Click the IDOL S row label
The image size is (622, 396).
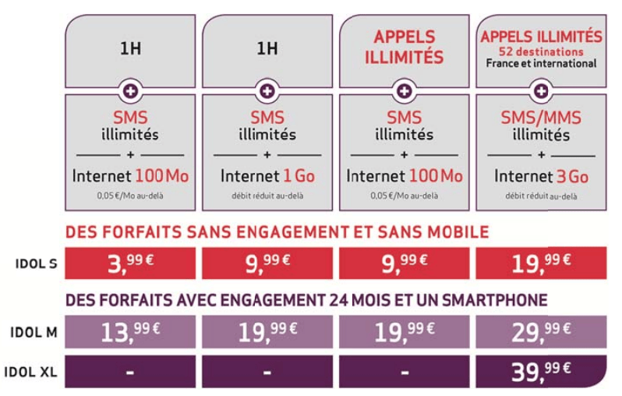(x=36, y=263)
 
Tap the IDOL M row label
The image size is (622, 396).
(x=34, y=332)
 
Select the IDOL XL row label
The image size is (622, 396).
(x=30, y=372)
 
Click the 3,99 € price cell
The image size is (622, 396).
(x=130, y=263)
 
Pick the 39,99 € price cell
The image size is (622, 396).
(x=541, y=371)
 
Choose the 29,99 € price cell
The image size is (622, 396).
(x=541, y=332)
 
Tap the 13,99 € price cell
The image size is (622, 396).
(x=130, y=332)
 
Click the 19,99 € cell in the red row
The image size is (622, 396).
(x=541, y=263)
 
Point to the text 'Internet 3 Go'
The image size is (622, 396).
(x=541, y=177)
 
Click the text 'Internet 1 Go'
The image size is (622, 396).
(x=267, y=176)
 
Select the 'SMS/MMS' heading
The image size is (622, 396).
(x=541, y=118)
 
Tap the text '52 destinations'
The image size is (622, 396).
(x=541, y=51)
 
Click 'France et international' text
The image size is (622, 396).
(x=541, y=63)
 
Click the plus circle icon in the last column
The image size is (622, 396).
(x=541, y=91)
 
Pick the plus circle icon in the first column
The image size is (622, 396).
(x=130, y=91)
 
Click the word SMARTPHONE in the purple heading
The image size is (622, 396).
(x=495, y=300)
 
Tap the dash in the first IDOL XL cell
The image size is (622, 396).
(x=129, y=372)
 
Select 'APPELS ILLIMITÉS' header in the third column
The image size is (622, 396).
(x=405, y=47)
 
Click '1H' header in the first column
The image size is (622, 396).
(x=130, y=48)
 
